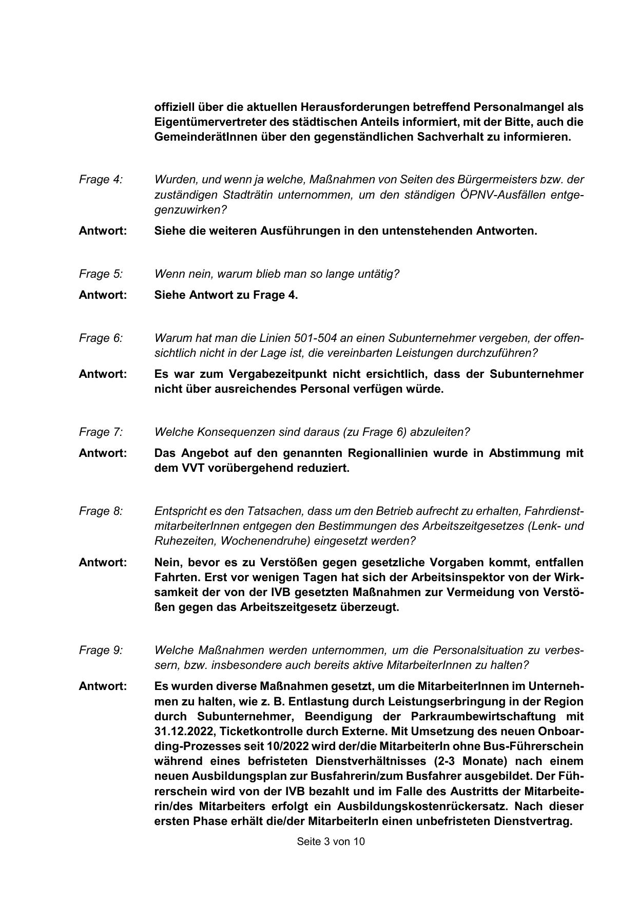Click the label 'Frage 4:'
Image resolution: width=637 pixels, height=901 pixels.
point(101,180)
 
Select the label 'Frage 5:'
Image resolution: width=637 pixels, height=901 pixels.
point(101,274)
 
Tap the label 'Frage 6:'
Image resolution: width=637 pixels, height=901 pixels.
point(101,338)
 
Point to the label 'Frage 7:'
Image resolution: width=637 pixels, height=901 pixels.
point(101,432)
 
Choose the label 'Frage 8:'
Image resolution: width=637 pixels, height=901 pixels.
point(101,511)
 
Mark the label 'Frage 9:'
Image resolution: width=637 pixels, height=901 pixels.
point(101,650)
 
